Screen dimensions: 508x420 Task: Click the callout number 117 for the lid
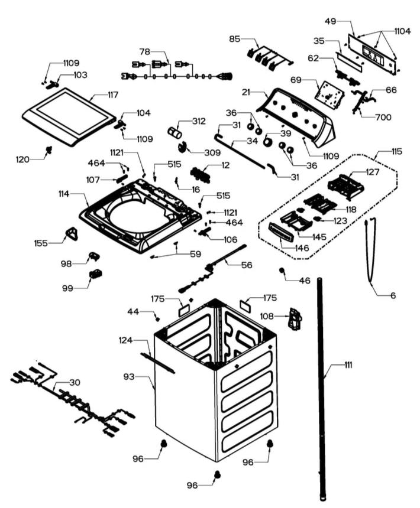click(x=112, y=95)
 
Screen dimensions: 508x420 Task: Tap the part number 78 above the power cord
click(x=145, y=52)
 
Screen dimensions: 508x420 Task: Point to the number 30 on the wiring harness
click(x=74, y=382)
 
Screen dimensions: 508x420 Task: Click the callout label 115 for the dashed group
click(x=395, y=152)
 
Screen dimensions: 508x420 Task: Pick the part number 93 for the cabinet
click(x=128, y=376)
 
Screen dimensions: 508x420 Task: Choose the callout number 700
click(x=383, y=117)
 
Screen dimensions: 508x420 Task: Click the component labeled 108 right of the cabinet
click(x=293, y=318)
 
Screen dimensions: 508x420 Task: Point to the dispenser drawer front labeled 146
click(x=281, y=232)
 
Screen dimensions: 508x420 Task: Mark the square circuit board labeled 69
click(x=325, y=92)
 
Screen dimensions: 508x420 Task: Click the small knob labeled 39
click(x=269, y=142)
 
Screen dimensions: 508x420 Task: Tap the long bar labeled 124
click(x=159, y=361)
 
